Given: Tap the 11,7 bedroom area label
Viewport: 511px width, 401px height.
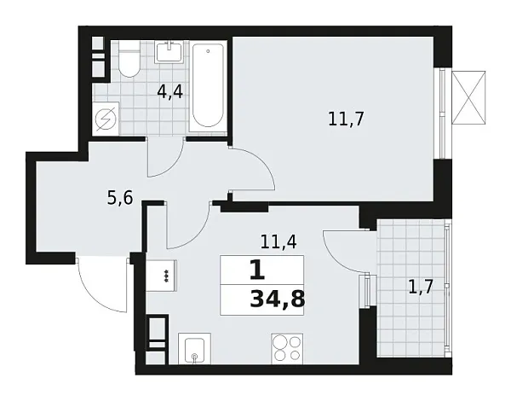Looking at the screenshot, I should tap(347, 119).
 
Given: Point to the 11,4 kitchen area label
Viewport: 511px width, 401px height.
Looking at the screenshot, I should tap(278, 241).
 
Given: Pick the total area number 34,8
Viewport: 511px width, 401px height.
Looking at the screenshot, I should tap(278, 299).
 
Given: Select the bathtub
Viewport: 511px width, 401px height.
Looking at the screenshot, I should tap(208, 85).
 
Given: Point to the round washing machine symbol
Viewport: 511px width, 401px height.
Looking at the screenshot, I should tap(109, 119).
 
